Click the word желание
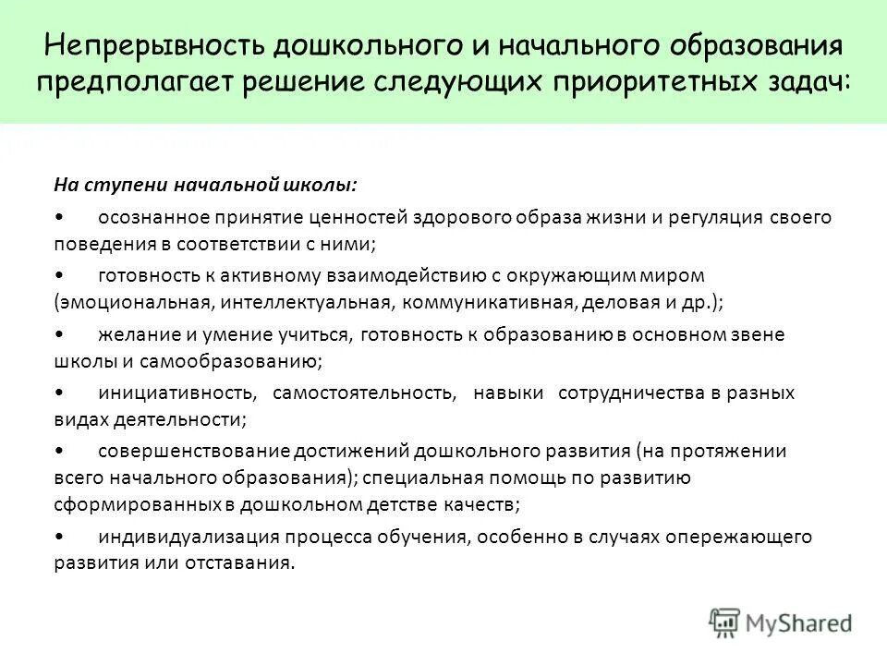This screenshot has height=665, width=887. pyautogui.click(x=131, y=334)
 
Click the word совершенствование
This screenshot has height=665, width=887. pyautogui.click(x=193, y=451)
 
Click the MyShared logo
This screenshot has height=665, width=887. pyautogui.click(x=781, y=622)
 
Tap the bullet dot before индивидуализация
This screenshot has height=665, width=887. pyautogui.click(x=59, y=537)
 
